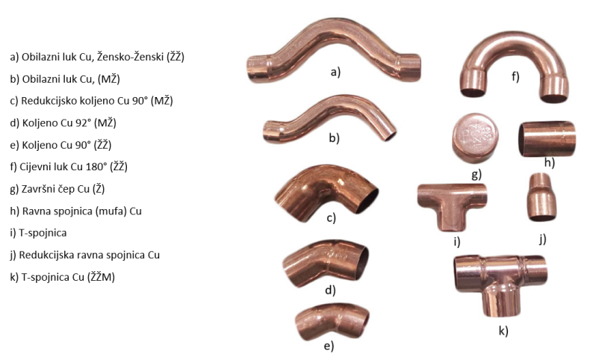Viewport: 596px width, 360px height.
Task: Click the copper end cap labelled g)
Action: coord(475,137)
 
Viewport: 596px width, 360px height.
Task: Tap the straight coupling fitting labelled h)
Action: coord(547,139)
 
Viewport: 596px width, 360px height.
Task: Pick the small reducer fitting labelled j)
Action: coord(541,197)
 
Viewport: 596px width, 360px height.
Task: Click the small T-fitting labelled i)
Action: coord(452,198)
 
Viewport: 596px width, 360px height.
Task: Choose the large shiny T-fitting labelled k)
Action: coord(500,278)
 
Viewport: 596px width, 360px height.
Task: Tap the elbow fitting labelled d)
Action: coord(326,263)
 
